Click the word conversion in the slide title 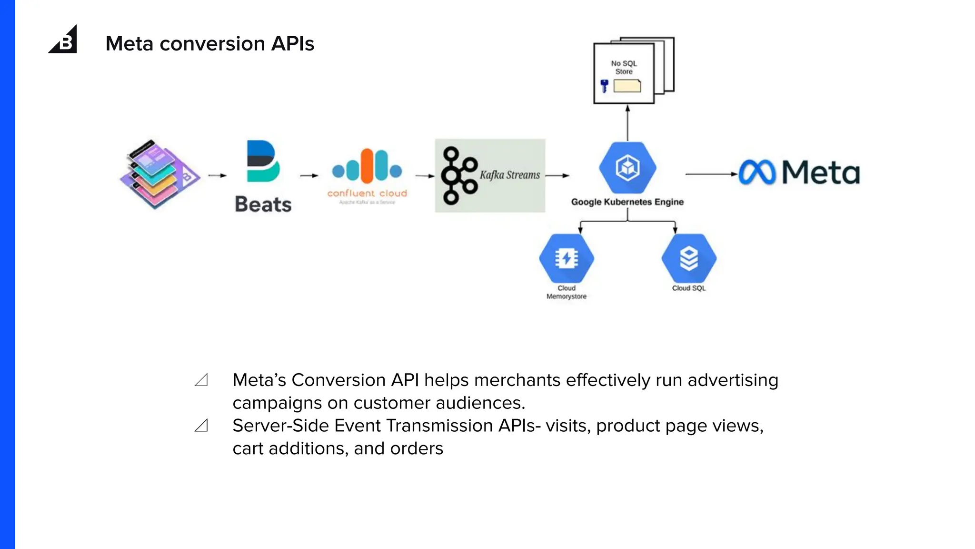(x=212, y=44)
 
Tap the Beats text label (x=263, y=204)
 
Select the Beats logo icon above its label (x=262, y=161)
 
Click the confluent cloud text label (x=367, y=193)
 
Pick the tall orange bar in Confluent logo (x=367, y=166)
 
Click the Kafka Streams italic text (x=509, y=175)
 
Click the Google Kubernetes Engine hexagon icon (x=627, y=168)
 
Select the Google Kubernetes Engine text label (x=627, y=202)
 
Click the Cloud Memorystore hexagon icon (x=566, y=258)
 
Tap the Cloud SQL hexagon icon (x=688, y=258)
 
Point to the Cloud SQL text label (x=688, y=288)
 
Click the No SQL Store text (x=624, y=67)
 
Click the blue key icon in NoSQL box (x=605, y=86)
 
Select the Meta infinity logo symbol (x=757, y=172)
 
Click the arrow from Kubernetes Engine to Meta (x=711, y=174)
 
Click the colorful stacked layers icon (x=159, y=174)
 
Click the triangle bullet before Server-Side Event (x=201, y=425)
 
